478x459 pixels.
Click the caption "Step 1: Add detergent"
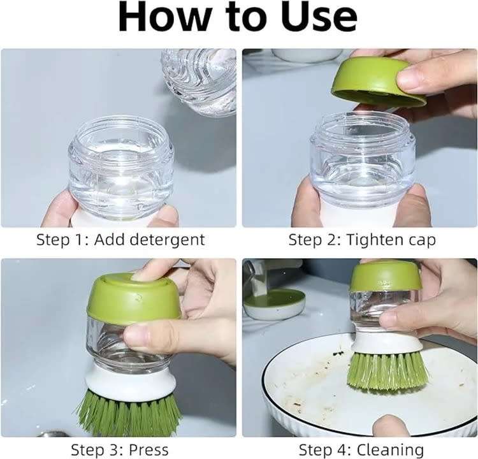120,240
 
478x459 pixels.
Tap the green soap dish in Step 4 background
275,303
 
